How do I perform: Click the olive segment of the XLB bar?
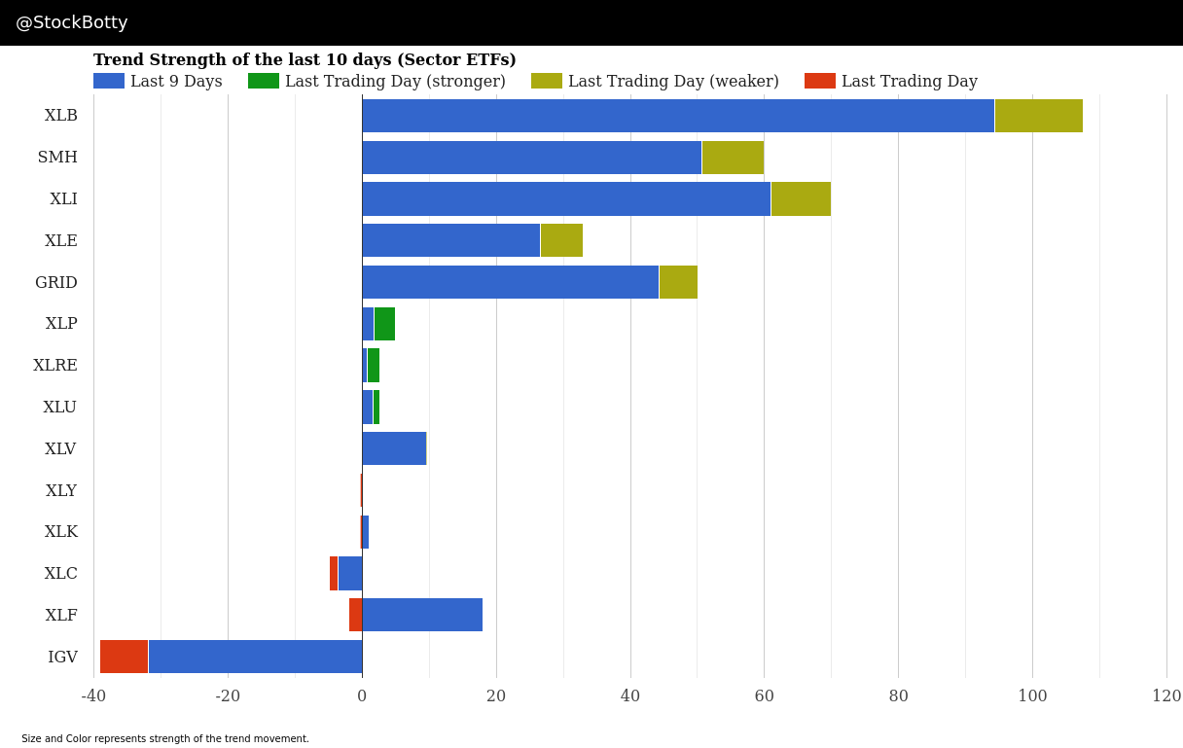1038,116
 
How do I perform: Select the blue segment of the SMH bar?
531,158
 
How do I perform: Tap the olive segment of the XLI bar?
801,198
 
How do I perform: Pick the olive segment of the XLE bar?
561,240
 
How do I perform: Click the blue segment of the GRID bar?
510,282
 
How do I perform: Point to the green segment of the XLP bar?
384,324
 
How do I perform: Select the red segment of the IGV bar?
124,657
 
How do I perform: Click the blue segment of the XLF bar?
422,615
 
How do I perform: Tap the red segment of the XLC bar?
334,573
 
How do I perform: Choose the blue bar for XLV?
394,448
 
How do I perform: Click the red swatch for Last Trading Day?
819,82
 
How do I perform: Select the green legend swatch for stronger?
263,82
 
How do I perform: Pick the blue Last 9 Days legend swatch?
108,82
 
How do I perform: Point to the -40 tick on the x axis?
93,696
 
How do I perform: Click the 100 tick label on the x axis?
1032,696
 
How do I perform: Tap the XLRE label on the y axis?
55,366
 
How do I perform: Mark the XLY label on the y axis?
61,491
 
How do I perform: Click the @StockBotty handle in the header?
72,23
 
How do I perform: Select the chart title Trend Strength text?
305,60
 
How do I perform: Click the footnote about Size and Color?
165,739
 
